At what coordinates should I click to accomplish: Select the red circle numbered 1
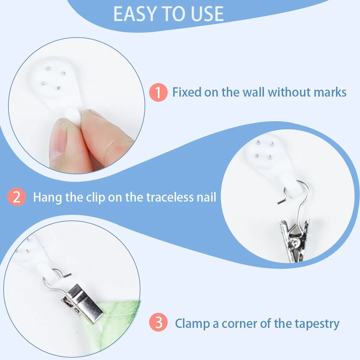(158, 92)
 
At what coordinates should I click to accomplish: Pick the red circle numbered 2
(16, 197)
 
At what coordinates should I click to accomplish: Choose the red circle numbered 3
(158, 322)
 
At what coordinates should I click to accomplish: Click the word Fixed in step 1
(187, 92)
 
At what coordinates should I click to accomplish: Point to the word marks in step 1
(330, 92)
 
